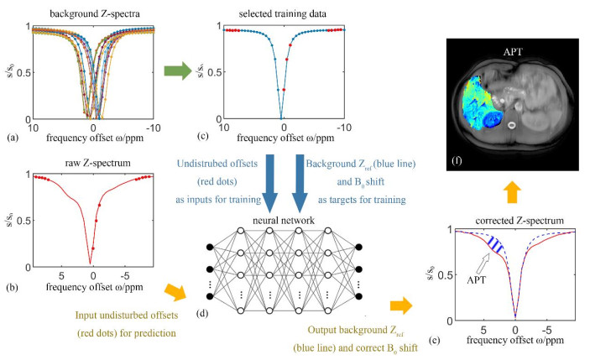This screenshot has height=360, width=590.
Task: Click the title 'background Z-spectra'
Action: pos(95,14)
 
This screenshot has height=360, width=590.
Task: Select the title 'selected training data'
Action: pos(283,14)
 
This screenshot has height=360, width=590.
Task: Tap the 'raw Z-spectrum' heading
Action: pos(98,164)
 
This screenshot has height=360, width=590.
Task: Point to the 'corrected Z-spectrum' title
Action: pos(520,221)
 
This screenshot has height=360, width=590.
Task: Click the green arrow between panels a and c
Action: pos(178,70)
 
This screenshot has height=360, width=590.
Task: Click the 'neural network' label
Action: pos(284,220)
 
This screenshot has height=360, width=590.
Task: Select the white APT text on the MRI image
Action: pos(513,52)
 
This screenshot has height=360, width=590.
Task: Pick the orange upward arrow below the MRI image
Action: pos(513,193)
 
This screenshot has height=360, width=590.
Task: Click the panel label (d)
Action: pos(202,313)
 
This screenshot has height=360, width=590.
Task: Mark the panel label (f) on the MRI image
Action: pos(457,161)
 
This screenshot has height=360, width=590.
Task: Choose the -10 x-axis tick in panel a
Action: pos(153,128)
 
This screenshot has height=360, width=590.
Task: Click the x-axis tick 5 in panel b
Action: pos(61,276)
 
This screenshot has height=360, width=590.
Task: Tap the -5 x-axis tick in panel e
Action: pos(546,331)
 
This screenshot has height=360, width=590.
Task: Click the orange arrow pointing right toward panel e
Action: pos(401,305)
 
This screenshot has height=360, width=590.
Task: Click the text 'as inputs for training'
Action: pos(218,200)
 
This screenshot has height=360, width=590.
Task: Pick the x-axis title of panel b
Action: pos(95,287)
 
